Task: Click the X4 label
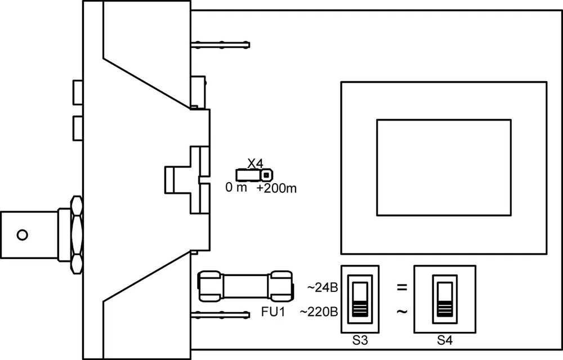(x=255, y=164)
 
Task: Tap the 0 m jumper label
(x=236, y=187)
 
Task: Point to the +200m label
(x=276, y=188)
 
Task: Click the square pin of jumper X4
(x=266, y=175)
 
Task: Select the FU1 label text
(x=273, y=312)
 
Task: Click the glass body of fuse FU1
(x=245, y=286)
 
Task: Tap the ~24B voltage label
(x=323, y=288)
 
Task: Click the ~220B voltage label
(x=319, y=312)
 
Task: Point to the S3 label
(x=360, y=340)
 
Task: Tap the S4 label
(x=445, y=340)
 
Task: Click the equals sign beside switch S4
(x=402, y=287)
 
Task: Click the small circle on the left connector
(x=23, y=235)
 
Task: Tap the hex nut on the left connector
(x=77, y=235)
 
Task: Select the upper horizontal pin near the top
(x=220, y=45)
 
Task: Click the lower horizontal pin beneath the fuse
(x=220, y=315)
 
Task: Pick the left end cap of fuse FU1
(x=211, y=286)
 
